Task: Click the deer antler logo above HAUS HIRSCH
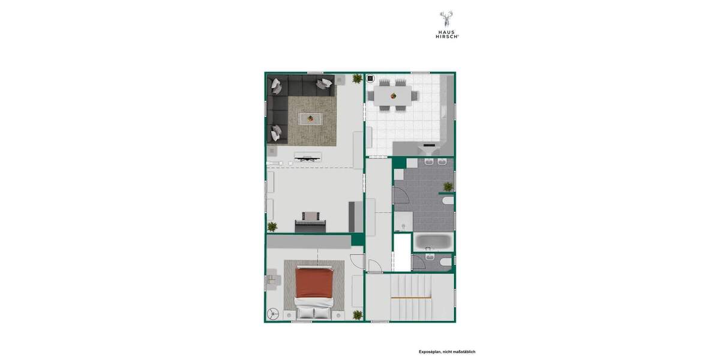[446, 19]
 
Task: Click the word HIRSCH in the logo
[447, 37]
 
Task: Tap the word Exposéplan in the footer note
[431, 352]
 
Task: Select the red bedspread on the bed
[314, 281]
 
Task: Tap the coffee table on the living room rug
[310, 119]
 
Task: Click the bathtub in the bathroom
[433, 242]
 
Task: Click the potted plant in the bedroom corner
[358, 314]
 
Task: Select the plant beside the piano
[272, 226]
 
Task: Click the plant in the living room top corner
[357, 79]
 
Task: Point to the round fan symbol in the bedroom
[274, 314]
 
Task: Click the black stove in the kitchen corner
[370, 79]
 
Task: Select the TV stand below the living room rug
[307, 157]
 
